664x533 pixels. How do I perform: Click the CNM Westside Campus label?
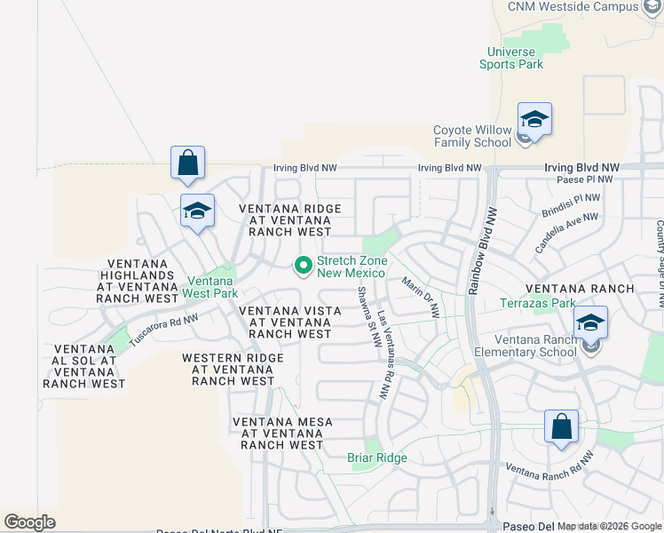click(x=573, y=7)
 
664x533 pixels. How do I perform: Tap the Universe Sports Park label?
click(x=511, y=58)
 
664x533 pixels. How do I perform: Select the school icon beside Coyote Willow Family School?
click(x=534, y=119)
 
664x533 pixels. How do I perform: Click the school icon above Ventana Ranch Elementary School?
click(x=590, y=322)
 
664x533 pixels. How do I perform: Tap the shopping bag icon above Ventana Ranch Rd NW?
click(x=561, y=426)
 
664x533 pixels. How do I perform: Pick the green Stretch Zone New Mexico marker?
click(x=303, y=265)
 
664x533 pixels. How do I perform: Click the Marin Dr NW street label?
click(x=420, y=298)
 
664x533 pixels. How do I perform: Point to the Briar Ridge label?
click(x=376, y=457)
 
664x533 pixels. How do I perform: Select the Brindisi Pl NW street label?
click(x=571, y=205)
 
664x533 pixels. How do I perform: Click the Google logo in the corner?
click(x=29, y=522)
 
